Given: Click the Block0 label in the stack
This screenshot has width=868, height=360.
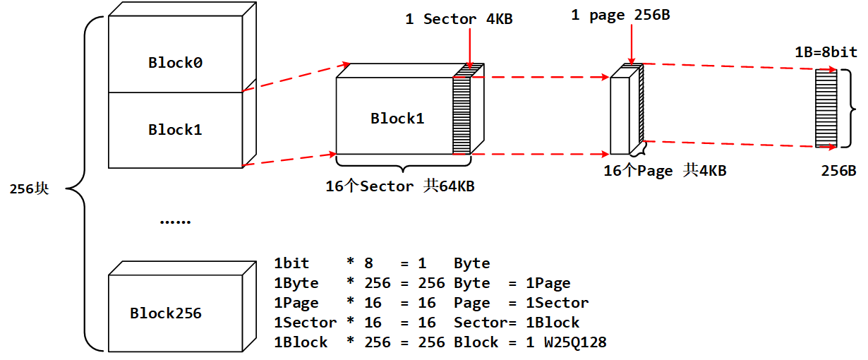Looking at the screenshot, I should [175, 63].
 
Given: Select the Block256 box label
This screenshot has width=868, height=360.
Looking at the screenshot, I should [165, 313].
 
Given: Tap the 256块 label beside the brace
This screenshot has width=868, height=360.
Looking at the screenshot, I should [29, 189].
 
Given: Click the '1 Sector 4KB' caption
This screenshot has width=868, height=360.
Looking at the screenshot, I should [459, 20].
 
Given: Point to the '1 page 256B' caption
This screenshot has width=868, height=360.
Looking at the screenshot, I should [620, 16].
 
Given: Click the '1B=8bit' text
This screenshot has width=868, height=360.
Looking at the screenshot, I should [826, 53].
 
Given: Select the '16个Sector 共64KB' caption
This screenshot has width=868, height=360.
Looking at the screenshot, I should [399, 187].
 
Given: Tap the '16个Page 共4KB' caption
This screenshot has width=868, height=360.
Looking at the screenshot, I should [665, 171].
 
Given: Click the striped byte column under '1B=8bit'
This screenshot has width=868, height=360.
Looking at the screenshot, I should [825, 108].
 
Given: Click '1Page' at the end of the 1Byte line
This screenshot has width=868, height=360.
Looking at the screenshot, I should [548, 283].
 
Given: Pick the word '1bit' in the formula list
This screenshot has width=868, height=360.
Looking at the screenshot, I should [291, 263].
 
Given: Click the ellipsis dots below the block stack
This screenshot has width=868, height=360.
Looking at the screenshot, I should [174, 222].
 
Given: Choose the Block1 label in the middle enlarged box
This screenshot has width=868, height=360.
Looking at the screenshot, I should [397, 119].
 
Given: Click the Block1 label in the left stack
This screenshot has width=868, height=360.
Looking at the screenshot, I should [175, 130].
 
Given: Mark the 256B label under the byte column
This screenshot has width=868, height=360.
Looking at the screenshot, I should [838, 171].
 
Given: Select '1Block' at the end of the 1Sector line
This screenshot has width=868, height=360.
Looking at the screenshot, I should [553, 323].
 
